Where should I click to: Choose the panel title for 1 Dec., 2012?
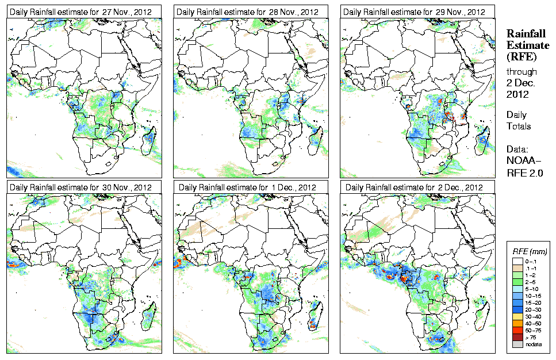pos(248,187)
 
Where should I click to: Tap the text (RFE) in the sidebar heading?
pos(520,56)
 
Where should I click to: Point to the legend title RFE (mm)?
pos(530,252)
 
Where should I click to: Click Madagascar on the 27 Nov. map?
pos(149,139)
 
